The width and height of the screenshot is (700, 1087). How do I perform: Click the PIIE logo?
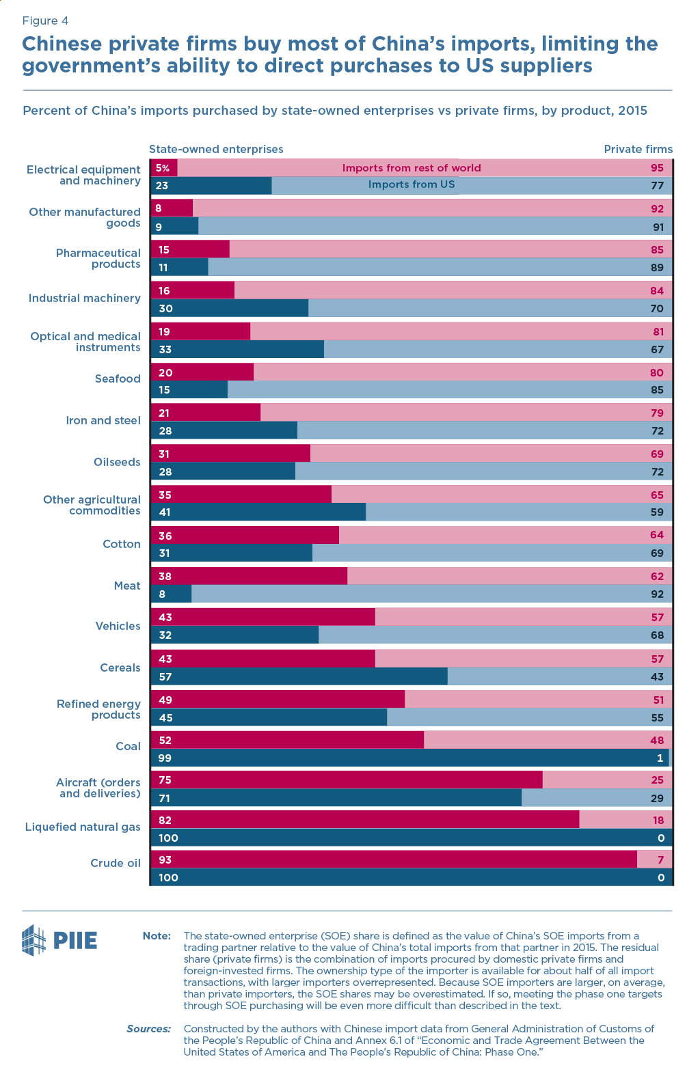59,940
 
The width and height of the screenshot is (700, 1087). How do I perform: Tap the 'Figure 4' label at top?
45,20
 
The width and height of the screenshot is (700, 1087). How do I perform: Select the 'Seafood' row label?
118,379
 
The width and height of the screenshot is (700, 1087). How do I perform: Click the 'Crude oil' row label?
116,863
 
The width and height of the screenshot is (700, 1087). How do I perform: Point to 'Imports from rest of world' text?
412,168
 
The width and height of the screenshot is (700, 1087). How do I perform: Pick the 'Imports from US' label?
412,184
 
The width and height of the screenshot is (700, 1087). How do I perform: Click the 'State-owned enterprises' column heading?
216,149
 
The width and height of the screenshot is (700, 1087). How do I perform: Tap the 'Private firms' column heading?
638,149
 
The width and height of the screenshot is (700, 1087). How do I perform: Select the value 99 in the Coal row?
164,758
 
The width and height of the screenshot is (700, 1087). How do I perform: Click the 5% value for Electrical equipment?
162,168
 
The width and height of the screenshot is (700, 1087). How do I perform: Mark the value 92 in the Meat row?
657,594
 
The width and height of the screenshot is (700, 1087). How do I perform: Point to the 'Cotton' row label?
122,544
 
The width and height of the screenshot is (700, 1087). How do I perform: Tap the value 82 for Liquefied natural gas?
165,820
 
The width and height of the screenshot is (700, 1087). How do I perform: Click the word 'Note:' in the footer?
157,935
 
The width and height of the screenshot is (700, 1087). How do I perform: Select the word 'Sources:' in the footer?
148,1028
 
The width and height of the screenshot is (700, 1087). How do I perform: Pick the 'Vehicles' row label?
118,626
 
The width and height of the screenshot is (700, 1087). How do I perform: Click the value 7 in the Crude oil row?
660,859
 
